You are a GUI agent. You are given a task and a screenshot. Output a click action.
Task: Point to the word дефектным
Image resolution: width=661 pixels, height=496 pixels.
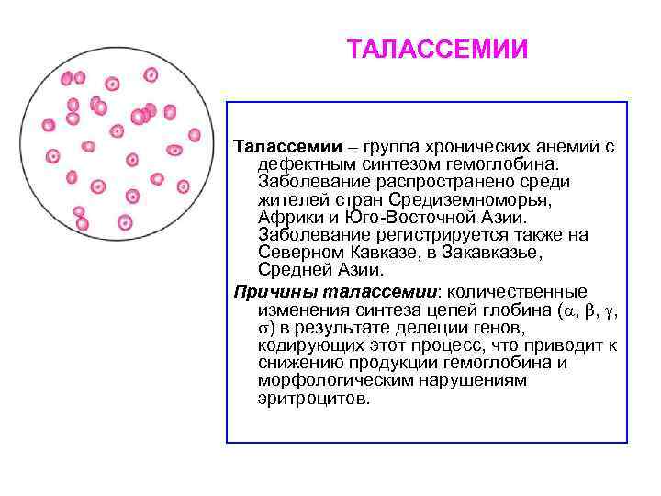[299, 163]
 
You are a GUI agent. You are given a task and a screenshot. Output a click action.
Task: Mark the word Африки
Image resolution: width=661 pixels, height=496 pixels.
[287, 217]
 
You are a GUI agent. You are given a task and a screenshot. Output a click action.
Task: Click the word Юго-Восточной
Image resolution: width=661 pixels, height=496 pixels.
[403, 217]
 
